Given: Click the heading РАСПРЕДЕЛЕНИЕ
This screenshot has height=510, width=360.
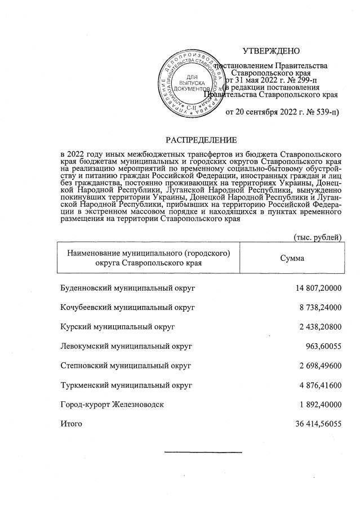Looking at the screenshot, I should [x=201, y=139].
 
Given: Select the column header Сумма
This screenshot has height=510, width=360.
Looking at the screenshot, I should [x=292, y=258].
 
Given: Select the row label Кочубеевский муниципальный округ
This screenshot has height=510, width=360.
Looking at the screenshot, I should [x=127, y=308].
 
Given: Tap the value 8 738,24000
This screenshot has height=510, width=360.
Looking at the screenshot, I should [x=321, y=308].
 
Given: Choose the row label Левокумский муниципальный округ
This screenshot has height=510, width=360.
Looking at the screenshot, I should [x=126, y=346].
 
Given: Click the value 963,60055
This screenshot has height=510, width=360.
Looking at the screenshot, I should [x=324, y=346].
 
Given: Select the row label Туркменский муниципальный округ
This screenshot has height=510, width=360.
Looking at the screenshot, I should [x=126, y=385].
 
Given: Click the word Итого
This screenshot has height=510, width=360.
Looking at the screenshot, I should [x=71, y=423].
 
